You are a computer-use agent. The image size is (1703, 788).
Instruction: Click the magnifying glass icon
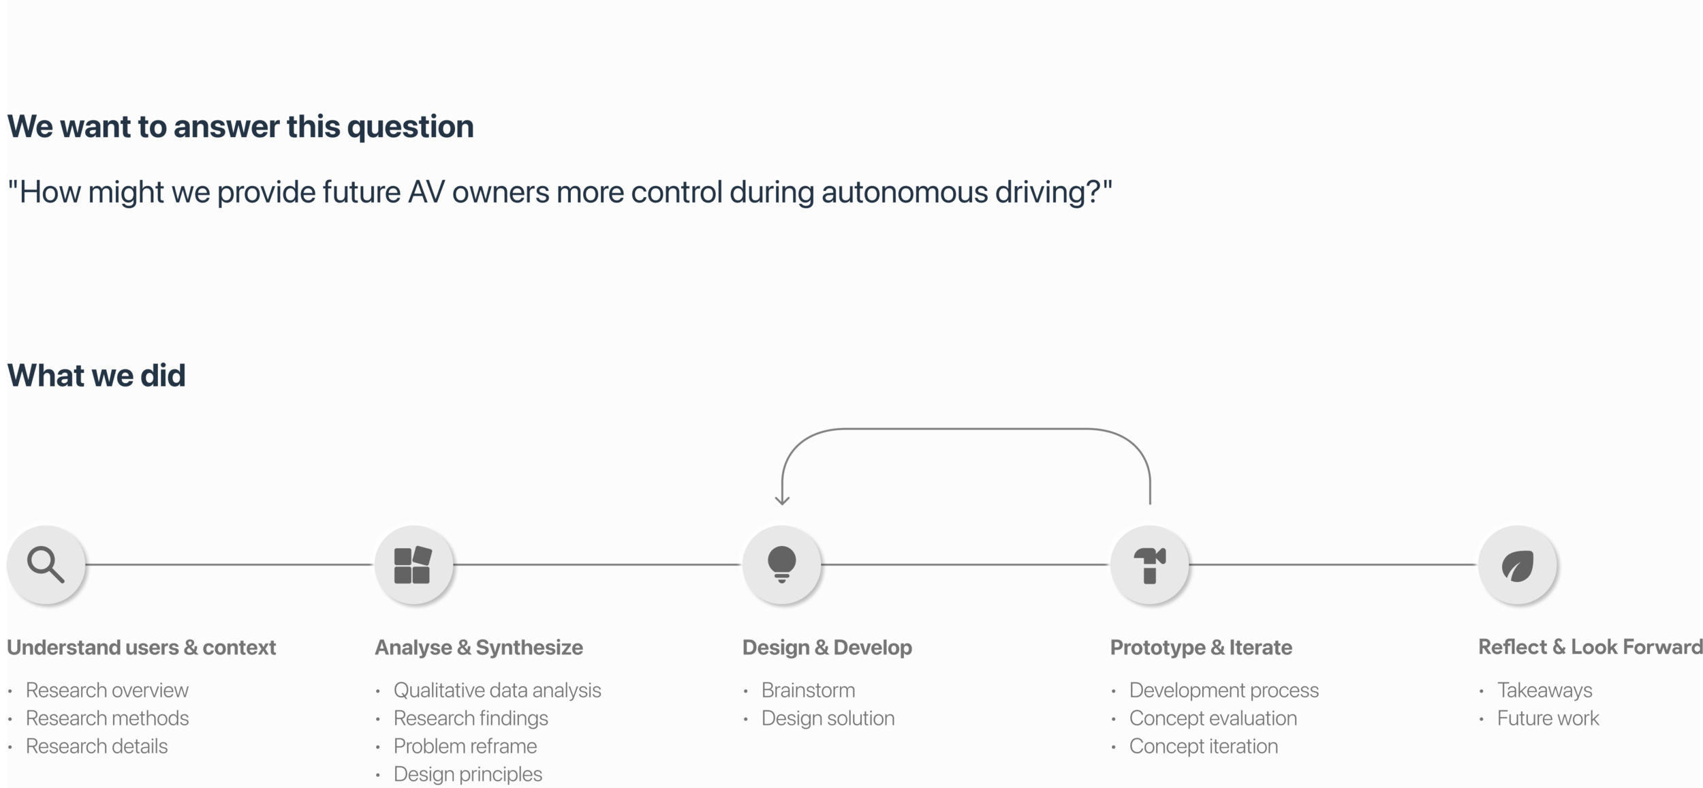46,564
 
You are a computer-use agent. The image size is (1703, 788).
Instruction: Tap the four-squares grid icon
413,565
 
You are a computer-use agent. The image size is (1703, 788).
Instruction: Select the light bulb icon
781,564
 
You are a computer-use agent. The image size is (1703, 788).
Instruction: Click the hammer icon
1149,565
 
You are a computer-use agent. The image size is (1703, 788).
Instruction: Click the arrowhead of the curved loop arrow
782,501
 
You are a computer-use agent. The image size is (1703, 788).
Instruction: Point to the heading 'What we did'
96,376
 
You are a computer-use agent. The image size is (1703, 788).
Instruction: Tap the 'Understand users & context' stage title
141,648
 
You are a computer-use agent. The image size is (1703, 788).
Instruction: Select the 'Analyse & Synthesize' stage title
478,648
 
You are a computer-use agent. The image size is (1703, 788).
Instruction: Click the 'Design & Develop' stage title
827,648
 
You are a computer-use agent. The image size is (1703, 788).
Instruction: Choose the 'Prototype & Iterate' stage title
1201,648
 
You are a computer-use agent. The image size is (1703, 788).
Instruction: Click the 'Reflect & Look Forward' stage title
1589,647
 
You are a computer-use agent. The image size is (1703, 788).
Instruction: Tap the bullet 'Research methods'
107,718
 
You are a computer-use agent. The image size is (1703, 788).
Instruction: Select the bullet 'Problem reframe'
465,746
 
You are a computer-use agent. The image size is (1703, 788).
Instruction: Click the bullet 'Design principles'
467,774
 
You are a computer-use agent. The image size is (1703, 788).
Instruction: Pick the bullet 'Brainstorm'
808,691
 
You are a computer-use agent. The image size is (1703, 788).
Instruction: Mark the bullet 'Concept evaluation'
1213,718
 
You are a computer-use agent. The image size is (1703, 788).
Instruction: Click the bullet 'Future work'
1548,718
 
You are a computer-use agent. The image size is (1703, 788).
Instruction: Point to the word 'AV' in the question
426,193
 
